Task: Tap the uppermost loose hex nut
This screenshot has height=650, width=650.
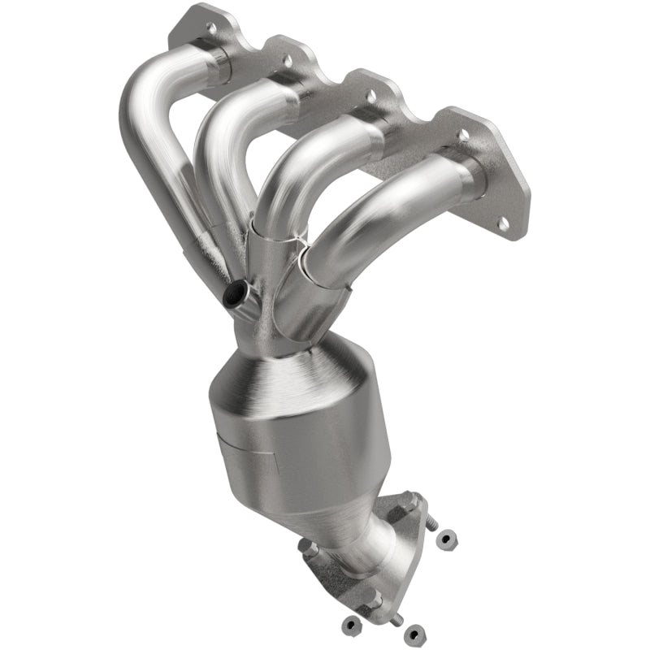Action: [x=447, y=538]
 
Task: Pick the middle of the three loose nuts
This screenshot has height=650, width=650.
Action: [x=414, y=630]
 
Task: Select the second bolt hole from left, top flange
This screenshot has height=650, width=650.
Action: [x=286, y=59]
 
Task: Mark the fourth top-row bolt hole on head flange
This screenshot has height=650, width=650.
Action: [x=462, y=135]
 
